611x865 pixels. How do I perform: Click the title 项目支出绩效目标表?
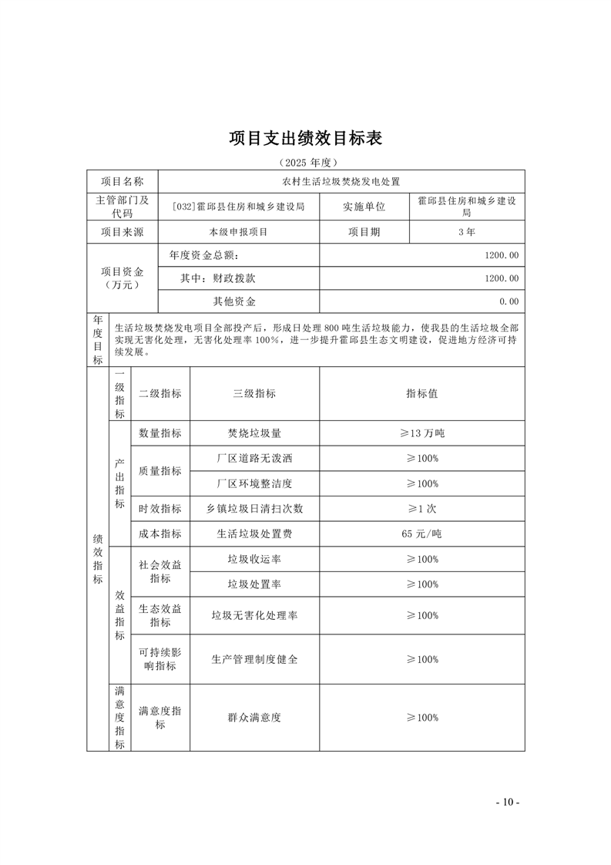(306, 139)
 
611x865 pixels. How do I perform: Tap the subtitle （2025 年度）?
(306, 163)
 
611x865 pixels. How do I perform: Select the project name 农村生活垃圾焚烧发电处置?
(341, 182)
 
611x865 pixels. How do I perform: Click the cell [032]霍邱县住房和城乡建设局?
(239, 207)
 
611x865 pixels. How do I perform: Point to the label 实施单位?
(364, 207)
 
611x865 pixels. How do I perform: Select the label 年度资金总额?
(203, 255)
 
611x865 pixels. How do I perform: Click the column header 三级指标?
(254, 393)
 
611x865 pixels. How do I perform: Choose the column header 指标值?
(422, 393)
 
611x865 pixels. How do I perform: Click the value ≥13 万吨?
(422, 433)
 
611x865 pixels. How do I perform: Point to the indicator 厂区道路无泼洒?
(254, 458)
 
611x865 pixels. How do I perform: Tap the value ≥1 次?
(422, 509)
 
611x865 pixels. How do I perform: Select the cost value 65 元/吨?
(422, 533)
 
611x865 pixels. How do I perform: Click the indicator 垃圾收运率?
(254, 559)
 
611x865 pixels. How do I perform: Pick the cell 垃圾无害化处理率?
(254, 615)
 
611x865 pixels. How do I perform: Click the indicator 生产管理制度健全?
(254, 659)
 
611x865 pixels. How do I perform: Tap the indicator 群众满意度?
(254, 717)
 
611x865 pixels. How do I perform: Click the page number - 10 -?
(508, 803)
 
